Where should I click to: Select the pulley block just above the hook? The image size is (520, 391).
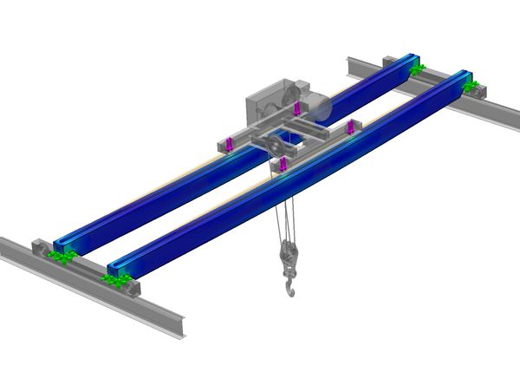pyautogui.click(x=285, y=257)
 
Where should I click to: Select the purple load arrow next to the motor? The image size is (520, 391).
pyautogui.click(x=297, y=109)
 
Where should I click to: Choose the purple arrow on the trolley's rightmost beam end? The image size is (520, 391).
pyautogui.click(x=351, y=128)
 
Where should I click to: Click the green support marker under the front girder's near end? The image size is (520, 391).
pyautogui.click(x=115, y=279)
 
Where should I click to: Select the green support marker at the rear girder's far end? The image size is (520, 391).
pyautogui.click(x=417, y=68)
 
